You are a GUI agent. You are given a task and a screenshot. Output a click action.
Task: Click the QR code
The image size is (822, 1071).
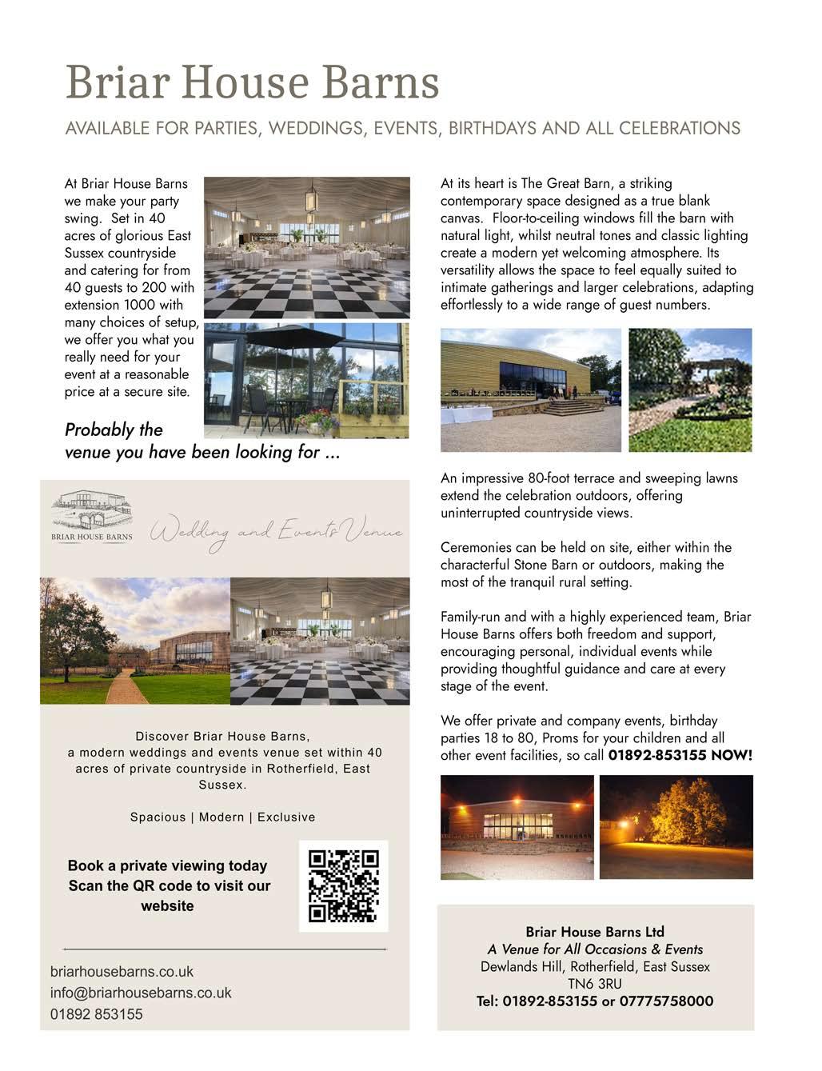pos(344,886)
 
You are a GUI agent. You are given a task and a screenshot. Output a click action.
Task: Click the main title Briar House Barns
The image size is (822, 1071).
pos(252,82)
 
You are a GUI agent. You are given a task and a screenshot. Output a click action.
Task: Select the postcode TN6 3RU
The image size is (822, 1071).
pos(595,984)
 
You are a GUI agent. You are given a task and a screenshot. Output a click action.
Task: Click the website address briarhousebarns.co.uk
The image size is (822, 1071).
pos(122,972)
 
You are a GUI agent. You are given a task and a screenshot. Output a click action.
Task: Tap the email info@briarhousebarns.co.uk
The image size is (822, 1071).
pos(141,993)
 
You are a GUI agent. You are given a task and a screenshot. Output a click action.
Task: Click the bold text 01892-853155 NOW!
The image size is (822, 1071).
pos(680,755)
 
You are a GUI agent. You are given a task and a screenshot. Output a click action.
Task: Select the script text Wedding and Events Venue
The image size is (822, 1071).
pos(276,532)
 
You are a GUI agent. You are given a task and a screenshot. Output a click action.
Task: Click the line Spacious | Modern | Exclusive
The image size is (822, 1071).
pos(222,817)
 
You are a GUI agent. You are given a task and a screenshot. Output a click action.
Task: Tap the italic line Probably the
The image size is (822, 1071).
pos(114,430)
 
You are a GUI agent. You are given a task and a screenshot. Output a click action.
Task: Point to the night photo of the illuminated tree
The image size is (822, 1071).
pos(676,826)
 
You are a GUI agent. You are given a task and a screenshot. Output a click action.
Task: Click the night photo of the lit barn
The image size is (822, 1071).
pos(517,827)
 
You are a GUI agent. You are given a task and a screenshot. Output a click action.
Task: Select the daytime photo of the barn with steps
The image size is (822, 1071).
pos(530,390)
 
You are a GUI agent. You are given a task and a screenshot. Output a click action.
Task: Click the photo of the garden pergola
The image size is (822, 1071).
pos(690,390)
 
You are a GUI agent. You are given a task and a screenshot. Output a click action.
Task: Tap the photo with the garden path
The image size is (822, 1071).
pos(134,641)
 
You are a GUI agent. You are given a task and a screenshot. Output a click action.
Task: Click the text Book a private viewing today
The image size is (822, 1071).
pos(167,865)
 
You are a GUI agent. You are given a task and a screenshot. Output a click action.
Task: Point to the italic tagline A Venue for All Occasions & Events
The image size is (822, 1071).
pos(595,949)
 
